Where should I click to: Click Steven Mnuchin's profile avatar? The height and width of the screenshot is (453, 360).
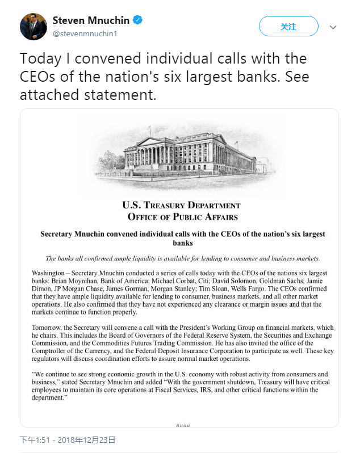(x=34, y=26)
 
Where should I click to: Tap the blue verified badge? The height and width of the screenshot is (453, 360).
(x=138, y=20)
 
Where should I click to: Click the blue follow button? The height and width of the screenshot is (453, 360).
(x=288, y=26)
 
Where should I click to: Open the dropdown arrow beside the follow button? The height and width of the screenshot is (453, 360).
(x=333, y=27)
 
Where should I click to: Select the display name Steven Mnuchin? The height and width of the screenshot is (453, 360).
(x=90, y=20)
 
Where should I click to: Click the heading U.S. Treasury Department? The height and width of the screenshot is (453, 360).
(x=181, y=205)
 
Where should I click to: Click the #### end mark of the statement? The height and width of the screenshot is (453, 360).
(x=182, y=425)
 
